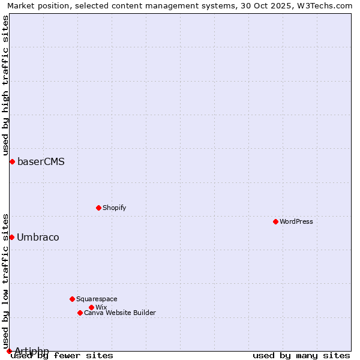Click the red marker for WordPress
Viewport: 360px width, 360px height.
275,221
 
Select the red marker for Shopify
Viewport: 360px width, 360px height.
98,208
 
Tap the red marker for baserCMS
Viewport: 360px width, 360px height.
12,161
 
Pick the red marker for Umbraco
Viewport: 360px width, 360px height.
11,237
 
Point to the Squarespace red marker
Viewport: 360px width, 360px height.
72,299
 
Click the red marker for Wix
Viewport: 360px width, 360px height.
91,307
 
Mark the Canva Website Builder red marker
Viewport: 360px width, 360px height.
80,313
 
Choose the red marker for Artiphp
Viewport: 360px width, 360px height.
9,351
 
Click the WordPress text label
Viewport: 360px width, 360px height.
296,221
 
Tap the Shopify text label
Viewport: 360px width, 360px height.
114,208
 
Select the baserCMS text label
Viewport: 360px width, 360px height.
41,161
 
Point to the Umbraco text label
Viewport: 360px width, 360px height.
38,237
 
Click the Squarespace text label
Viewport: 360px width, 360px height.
97,299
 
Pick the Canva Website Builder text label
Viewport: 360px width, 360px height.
120,313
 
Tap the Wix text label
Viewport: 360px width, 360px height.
101,307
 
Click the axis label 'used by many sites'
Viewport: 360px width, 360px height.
301,355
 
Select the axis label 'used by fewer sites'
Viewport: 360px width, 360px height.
62,355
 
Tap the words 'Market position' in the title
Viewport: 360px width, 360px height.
35,5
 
